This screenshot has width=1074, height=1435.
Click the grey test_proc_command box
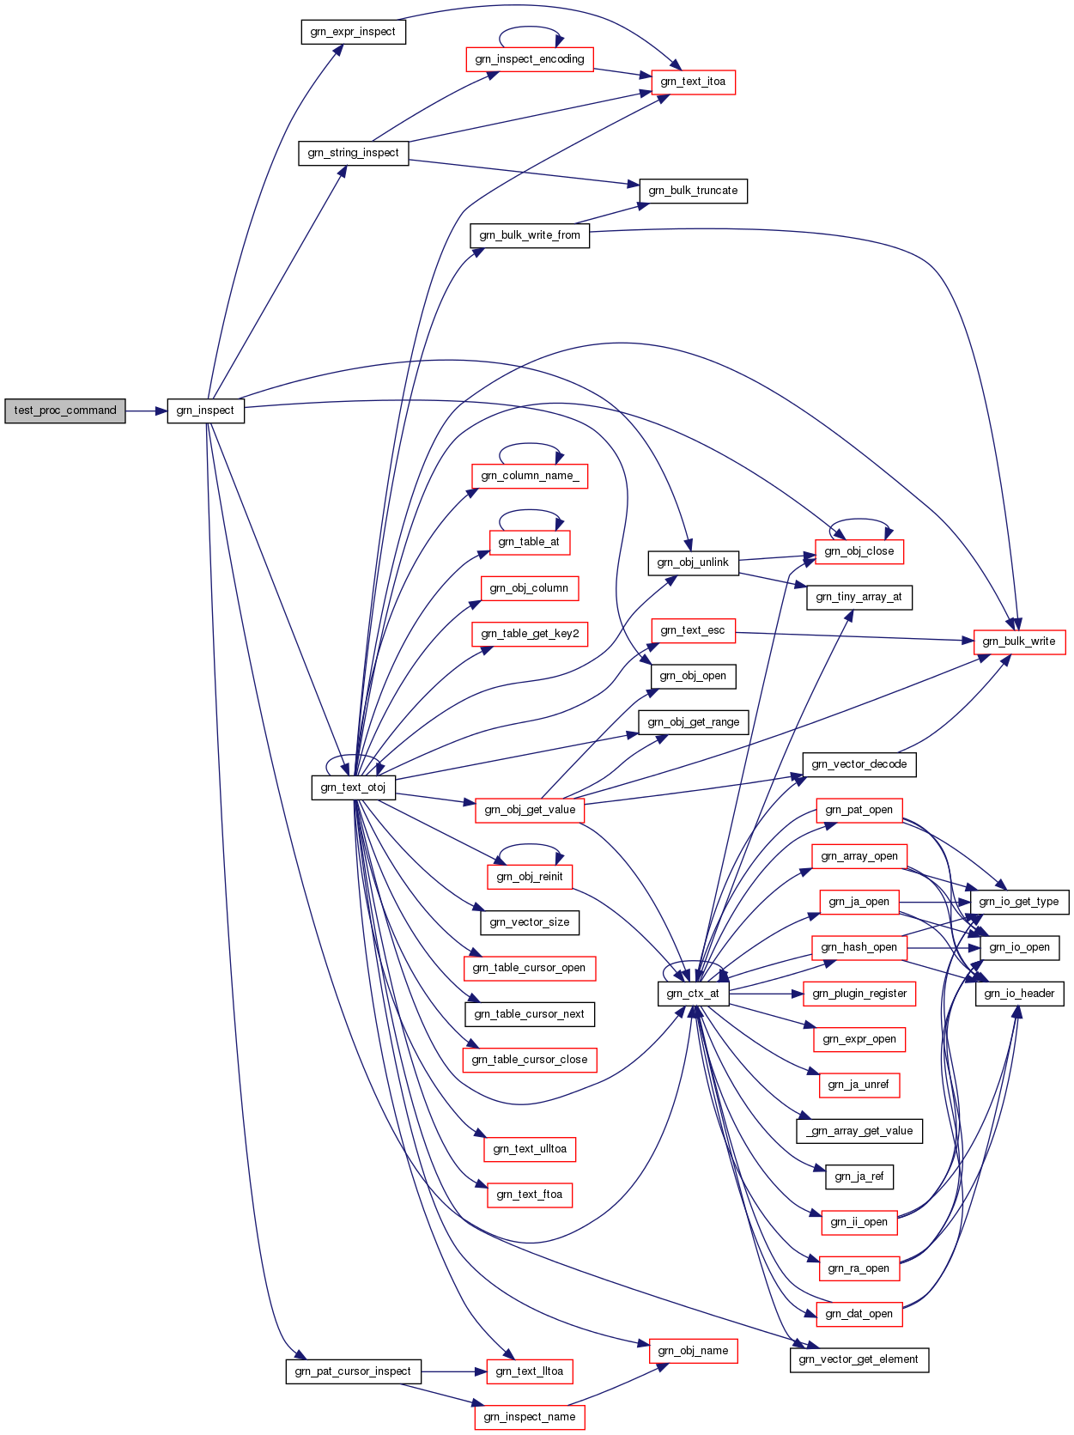point(64,410)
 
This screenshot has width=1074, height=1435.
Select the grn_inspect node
point(205,410)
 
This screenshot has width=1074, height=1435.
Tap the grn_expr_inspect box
point(353,32)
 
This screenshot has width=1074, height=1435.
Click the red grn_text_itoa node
point(693,82)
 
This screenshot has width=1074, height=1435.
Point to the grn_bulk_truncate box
point(693,191)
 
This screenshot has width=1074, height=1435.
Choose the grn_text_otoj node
point(353,787)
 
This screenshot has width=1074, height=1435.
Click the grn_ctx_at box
point(693,994)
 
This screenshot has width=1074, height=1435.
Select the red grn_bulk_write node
point(1018,641)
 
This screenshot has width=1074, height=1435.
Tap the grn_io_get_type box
point(1018,902)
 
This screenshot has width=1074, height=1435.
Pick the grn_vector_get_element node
point(859,1359)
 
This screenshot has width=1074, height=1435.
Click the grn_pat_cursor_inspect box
point(353,1371)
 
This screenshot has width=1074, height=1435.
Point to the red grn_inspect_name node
point(529,1417)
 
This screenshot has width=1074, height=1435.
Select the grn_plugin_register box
point(859,994)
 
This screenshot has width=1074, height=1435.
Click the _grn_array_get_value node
point(859,1131)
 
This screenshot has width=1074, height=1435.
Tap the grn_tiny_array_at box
point(859,598)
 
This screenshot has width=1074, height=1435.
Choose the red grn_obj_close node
point(859,552)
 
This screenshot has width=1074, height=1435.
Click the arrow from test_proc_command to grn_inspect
point(146,411)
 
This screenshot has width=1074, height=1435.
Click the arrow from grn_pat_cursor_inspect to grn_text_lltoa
point(453,1371)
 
